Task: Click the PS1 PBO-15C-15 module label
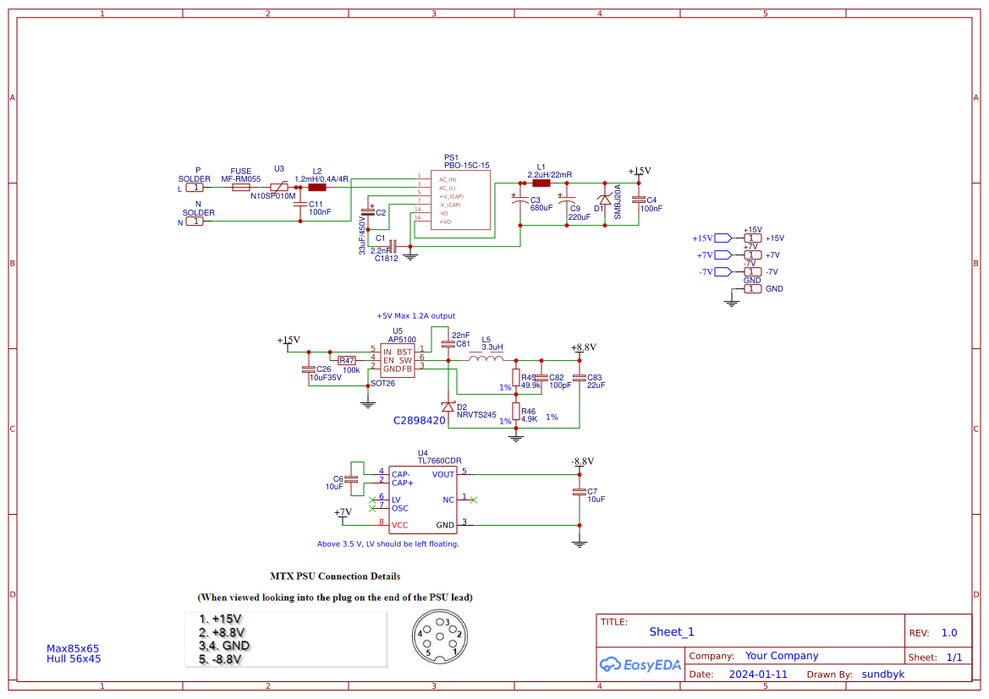pos(466,161)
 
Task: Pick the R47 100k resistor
pos(348,360)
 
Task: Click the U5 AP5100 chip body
pos(398,360)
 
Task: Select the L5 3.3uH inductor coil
pos(486,359)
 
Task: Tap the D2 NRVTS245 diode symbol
pos(448,407)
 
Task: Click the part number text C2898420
pos(419,420)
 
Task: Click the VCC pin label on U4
pos(399,525)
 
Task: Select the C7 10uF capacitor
pos(580,492)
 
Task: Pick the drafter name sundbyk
pos(882,674)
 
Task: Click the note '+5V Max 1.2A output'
pos(415,315)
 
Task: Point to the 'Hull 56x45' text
pos(74,658)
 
